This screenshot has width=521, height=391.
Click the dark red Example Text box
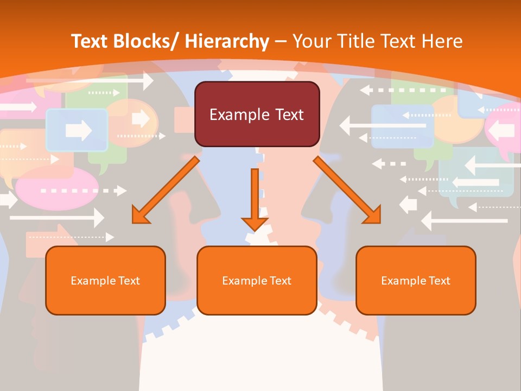tap(257, 114)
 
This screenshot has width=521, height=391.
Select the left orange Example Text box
tap(105, 280)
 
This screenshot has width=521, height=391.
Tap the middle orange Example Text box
tap(257, 280)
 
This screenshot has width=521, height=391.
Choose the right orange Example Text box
tap(416, 280)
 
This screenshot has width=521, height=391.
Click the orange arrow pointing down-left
tap(166, 190)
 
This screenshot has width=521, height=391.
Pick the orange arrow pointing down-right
tap(347, 190)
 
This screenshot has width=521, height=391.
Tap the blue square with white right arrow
tap(77, 130)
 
